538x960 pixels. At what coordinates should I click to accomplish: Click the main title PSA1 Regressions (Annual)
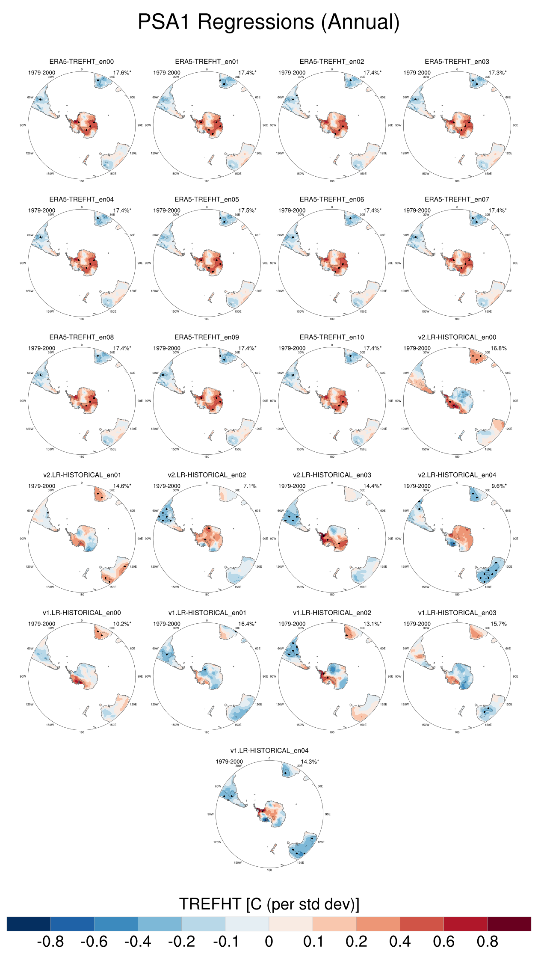click(x=269, y=22)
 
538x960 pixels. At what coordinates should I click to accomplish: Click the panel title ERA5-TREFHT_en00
click(x=82, y=62)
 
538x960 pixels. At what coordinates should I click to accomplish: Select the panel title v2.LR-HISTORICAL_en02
click(x=207, y=475)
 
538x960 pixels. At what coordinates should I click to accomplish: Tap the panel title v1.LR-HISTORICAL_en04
click(x=269, y=750)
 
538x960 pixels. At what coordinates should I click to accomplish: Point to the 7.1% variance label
click(x=250, y=486)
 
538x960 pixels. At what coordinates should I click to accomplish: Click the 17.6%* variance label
click(x=122, y=73)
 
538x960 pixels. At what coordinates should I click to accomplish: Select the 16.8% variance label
click(x=498, y=348)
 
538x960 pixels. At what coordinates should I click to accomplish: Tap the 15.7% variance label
click(x=498, y=624)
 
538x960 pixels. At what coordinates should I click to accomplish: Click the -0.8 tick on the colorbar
click(x=50, y=942)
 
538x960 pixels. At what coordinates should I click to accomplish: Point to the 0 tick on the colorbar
click(x=269, y=942)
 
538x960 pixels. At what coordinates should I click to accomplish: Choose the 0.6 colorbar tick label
click(x=443, y=942)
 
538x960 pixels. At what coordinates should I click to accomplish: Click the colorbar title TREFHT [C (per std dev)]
click(x=269, y=904)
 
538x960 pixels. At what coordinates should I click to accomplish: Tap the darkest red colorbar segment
click(x=509, y=924)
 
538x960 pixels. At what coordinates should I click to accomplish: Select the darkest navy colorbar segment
click(x=29, y=924)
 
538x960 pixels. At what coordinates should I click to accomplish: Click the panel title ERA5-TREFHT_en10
click(x=332, y=337)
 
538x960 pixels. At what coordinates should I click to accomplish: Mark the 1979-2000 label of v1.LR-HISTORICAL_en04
click(x=229, y=761)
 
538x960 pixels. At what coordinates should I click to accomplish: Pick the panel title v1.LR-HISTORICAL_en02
click(x=332, y=613)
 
